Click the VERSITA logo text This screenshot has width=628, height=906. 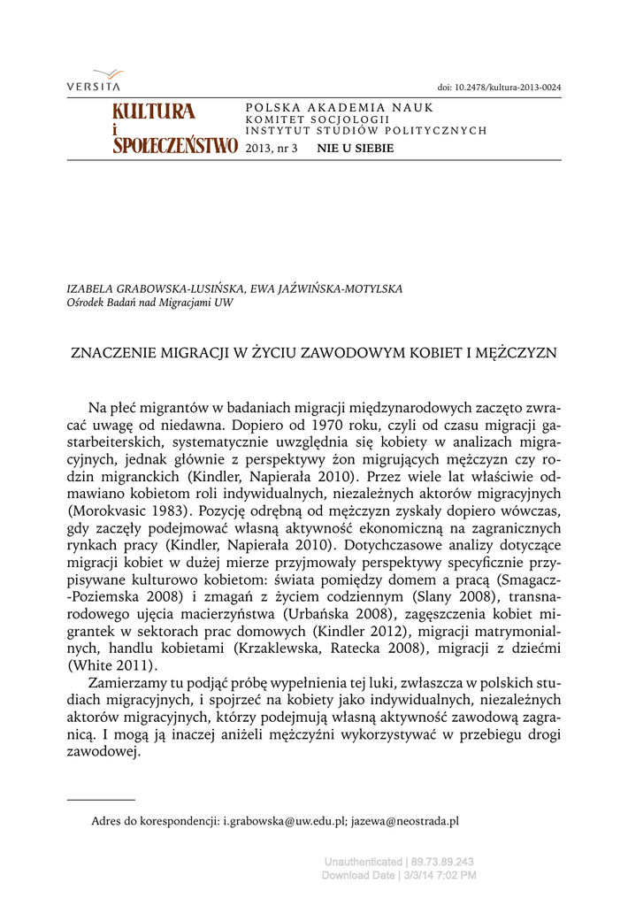(x=93, y=86)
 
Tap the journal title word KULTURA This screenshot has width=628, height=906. (x=153, y=111)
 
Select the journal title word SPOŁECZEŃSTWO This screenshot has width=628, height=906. (x=175, y=146)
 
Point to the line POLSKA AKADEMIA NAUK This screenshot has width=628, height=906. (x=339, y=108)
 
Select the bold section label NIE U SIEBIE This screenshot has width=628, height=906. (x=356, y=148)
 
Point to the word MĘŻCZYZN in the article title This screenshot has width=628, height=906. (x=517, y=352)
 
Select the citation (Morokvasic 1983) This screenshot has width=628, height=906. (x=129, y=511)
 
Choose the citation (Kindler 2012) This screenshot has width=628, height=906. (x=360, y=631)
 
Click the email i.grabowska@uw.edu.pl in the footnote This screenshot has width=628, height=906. (x=283, y=821)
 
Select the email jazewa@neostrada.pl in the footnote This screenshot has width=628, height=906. (x=405, y=821)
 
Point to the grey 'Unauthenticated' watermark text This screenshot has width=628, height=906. (x=363, y=862)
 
